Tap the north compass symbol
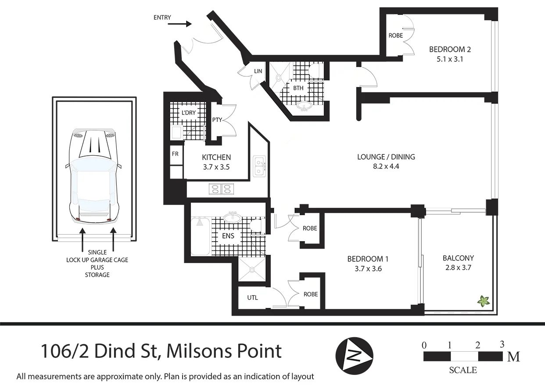[x=355, y=355]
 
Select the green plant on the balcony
[x=484, y=301]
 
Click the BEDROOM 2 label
[x=446, y=50]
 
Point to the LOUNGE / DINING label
[x=386, y=157]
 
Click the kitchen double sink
[x=259, y=166]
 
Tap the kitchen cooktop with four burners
[x=222, y=189]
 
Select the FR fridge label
[x=174, y=154]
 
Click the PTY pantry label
[x=217, y=120]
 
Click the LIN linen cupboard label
[x=258, y=71]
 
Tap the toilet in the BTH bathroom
[x=315, y=71]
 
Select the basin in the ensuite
[x=231, y=217]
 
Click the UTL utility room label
[x=252, y=298]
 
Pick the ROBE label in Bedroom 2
[x=395, y=36]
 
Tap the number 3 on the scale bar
[x=502, y=344]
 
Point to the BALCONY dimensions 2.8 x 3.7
[x=458, y=267]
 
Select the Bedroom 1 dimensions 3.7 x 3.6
[x=368, y=269]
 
